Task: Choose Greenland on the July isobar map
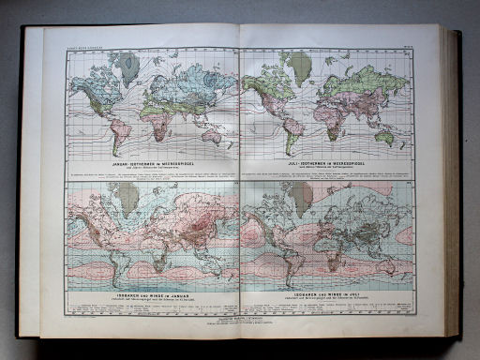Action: [301, 196]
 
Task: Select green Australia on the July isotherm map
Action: [384, 135]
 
